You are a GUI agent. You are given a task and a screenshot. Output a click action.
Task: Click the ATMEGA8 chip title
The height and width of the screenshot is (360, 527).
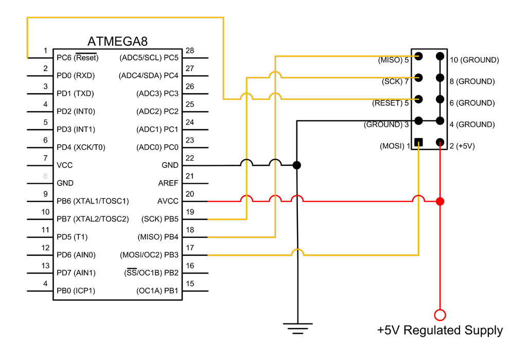click(x=118, y=41)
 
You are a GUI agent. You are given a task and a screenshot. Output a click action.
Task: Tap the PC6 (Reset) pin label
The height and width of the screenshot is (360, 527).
click(x=78, y=57)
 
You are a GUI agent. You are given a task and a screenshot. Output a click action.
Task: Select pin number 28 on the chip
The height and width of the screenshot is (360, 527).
click(x=190, y=50)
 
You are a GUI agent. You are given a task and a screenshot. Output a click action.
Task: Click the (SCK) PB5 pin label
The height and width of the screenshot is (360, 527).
click(x=160, y=219)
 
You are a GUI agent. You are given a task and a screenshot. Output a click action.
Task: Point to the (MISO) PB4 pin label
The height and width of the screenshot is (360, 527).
click(x=157, y=237)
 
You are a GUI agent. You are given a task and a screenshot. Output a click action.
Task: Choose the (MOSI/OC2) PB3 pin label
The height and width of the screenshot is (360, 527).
click(x=149, y=255)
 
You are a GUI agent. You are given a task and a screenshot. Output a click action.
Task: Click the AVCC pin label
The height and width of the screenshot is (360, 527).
click(x=168, y=201)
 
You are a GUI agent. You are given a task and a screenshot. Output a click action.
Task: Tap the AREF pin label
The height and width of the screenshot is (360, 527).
click(x=168, y=183)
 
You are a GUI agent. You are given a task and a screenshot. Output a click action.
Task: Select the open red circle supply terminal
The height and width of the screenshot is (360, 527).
click(x=440, y=314)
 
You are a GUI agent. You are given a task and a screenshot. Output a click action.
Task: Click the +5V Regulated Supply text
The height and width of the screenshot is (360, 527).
click(x=440, y=330)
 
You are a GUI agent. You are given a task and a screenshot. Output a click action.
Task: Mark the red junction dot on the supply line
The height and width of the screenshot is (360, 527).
click(x=440, y=201)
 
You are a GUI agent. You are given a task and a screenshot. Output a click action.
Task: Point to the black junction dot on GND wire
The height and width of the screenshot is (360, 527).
click(x=296, y=165)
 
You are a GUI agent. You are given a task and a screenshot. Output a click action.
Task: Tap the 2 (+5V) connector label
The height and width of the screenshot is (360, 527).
click(x=462, y=146)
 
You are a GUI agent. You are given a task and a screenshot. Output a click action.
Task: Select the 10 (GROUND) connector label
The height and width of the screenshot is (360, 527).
click(x=474, y=60)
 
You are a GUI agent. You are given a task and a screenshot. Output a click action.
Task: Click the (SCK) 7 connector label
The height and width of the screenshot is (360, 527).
click(x=395, y=81)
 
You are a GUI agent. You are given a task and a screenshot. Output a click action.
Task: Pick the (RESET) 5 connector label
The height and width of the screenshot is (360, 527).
click(x=391, y=103)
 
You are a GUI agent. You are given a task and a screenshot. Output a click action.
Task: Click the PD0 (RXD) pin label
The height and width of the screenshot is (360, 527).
click(x=75, y=75)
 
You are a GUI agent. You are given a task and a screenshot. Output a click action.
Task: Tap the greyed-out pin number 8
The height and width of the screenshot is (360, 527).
click(x=46, y=176)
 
